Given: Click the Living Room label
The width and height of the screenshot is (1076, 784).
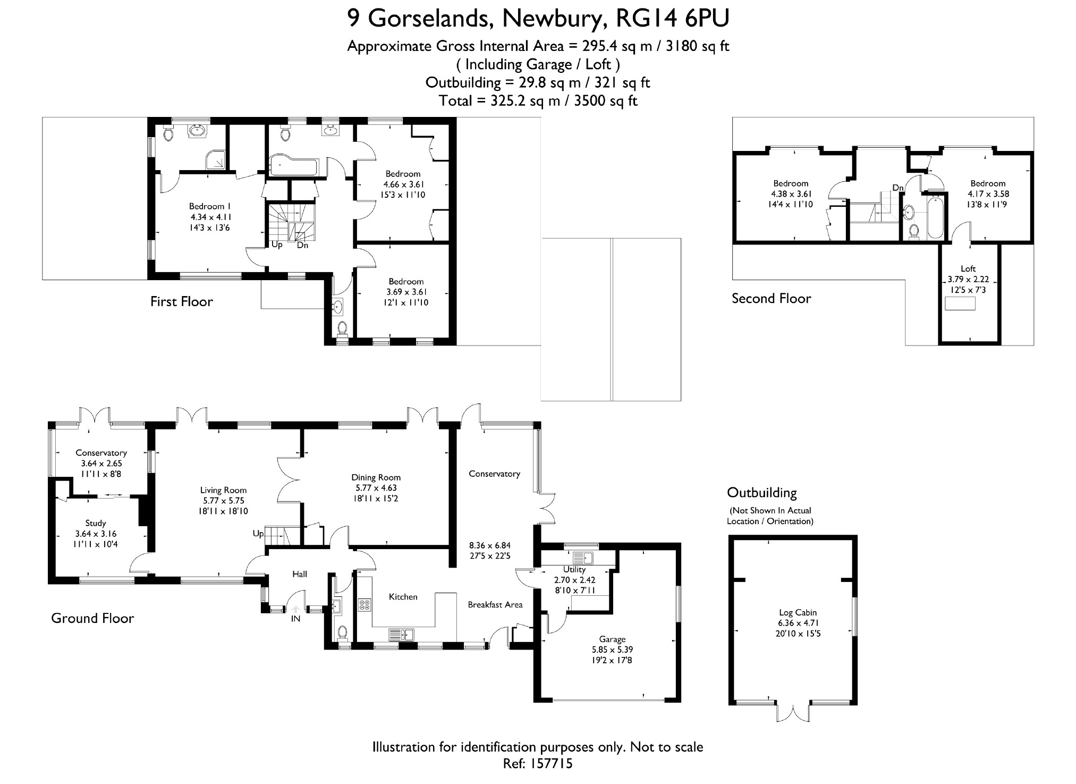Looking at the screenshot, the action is click(223, 490).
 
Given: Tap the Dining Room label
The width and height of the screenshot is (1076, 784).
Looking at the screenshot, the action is click(376, 477).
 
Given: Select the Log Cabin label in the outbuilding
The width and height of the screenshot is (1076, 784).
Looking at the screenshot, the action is click(798, 612).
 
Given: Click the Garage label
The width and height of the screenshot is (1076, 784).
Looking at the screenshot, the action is click(612, 639).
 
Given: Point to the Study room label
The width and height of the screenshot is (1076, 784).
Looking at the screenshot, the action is click(96, 523).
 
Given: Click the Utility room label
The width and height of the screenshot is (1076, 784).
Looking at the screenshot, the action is click(574, 569).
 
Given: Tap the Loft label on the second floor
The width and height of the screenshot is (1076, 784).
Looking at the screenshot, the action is click(968, 268).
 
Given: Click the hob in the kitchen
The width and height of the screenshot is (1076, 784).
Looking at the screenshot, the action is click(365, 604).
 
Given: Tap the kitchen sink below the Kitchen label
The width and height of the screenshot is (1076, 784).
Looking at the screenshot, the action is click(402, 634).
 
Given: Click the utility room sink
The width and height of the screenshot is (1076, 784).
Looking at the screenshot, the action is click(583, 558).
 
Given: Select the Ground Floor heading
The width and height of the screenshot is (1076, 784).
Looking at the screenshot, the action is click(92, 618).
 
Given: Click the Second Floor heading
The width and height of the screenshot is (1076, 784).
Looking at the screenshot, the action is click(771, 298).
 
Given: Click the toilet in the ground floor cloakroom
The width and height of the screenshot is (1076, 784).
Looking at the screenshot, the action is click(343, 632).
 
